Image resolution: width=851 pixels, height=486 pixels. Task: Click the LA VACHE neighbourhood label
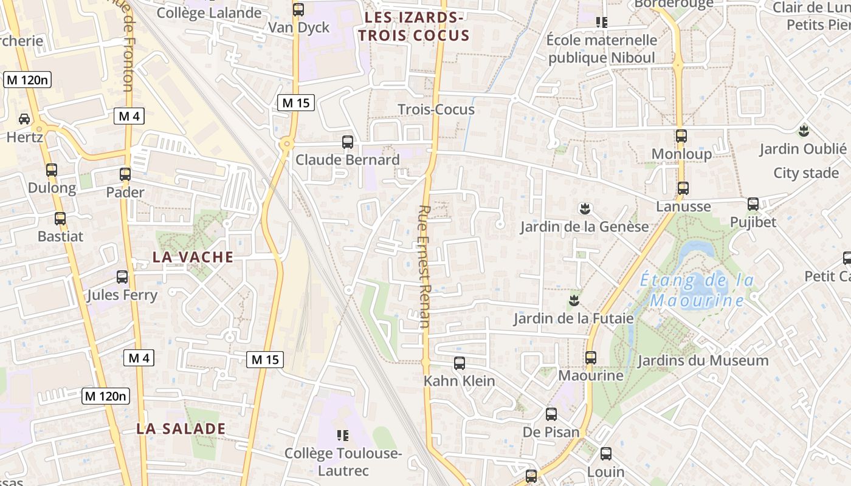[x=193, y=256]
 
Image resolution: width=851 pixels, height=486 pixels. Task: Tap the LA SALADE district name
[x=181, y=428]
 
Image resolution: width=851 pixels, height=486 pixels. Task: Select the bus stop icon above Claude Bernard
[x=348, y=142]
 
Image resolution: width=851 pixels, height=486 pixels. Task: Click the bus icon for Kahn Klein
[x=460, y=363]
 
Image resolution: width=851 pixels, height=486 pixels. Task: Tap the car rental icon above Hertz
[x=24, y=119]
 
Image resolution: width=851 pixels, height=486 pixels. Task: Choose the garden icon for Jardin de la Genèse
[x=585, y=209]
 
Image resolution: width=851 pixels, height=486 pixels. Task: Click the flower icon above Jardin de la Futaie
[x=573, y=300]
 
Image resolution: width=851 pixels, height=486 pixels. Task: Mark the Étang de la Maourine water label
[x=697, y=290]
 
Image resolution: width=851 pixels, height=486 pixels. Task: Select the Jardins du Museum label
[x=703, y=360]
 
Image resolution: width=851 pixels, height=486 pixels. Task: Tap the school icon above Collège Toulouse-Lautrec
[x=343, y=435]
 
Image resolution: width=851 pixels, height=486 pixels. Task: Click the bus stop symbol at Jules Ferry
[x=122, y=277]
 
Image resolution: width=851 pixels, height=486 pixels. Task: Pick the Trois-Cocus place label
[x=436, y=109]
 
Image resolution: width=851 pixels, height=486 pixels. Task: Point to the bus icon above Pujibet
[x=753, y=204]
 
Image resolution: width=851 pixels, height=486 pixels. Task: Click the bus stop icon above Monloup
[x=681, y=136]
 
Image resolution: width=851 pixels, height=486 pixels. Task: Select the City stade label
[x=806, y=173]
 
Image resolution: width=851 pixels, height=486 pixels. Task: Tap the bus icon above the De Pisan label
[x=551, y=414]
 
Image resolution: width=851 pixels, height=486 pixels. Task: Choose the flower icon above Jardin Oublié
[x=803, y=130]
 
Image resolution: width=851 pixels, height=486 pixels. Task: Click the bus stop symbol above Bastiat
[x=60, y=218]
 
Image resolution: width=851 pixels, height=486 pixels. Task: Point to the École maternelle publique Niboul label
[x=602, y=49]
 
